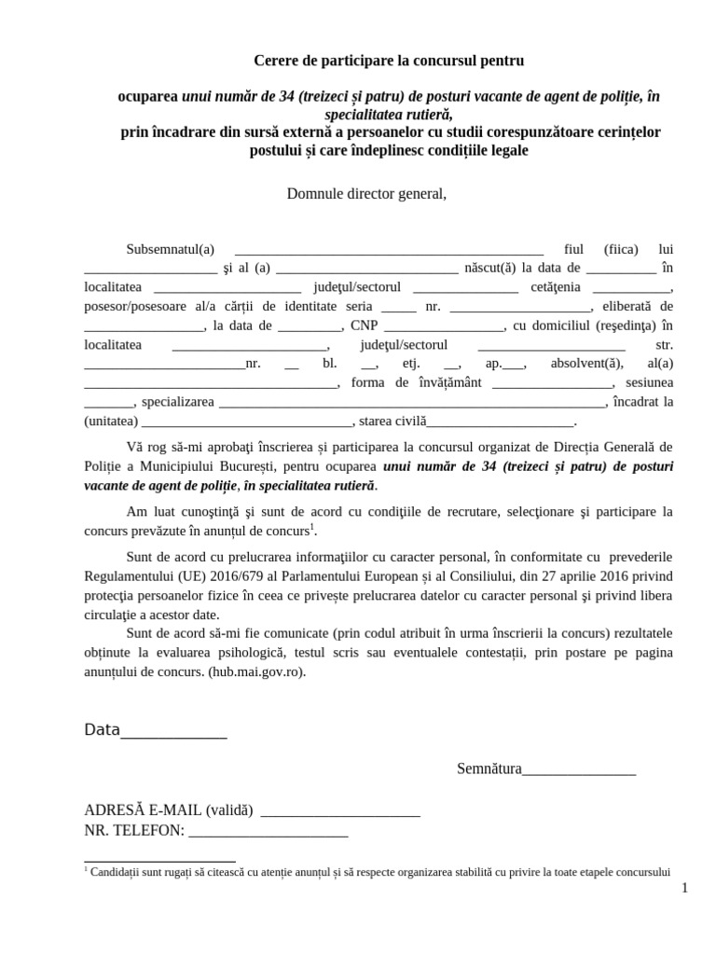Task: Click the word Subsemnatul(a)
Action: [170, 249]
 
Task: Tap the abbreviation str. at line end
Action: [664, 345]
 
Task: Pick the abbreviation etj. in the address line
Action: [410, 364]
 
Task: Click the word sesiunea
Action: [649, 382]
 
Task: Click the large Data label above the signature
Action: [102, 729]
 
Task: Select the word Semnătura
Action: [489, 768]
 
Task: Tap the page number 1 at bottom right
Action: [683, 888]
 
